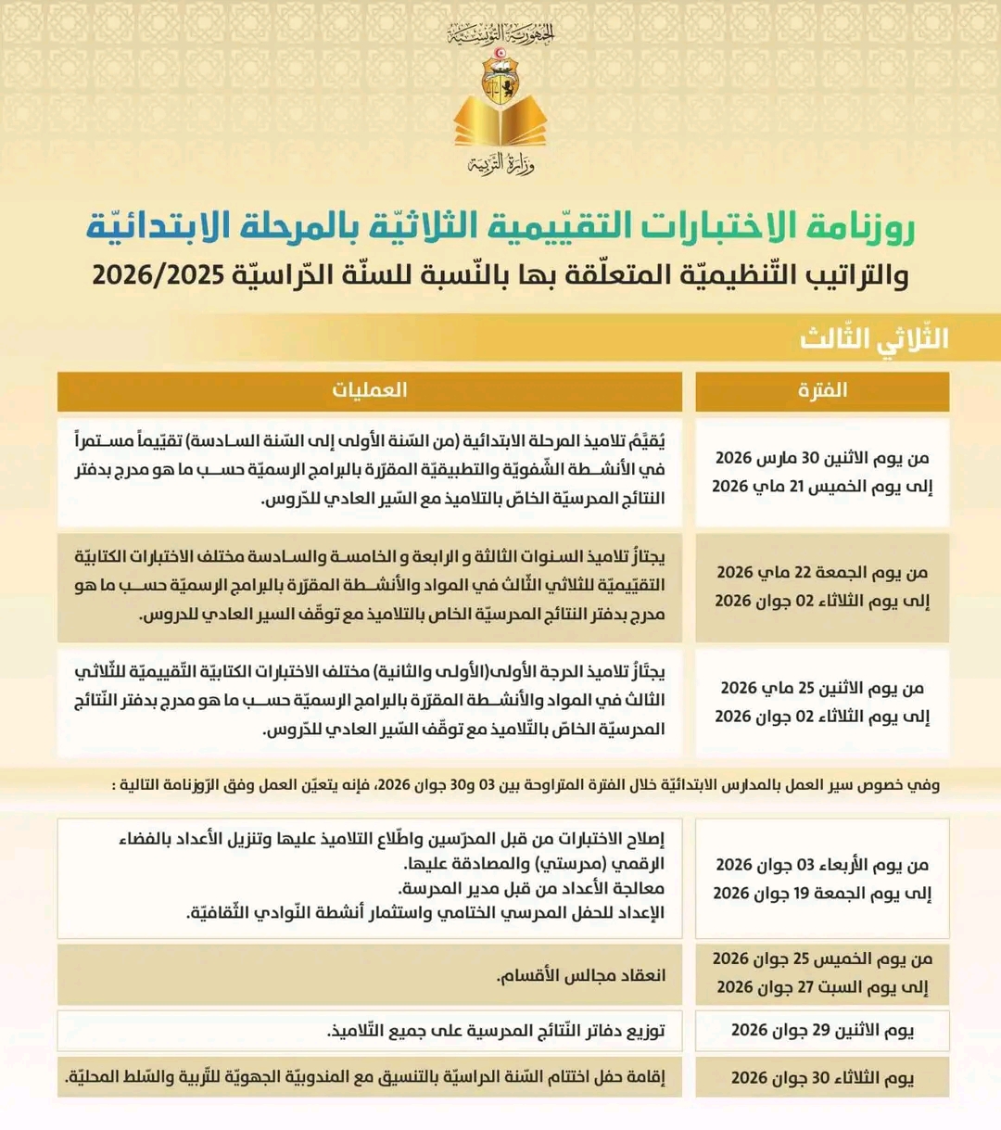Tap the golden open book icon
click(x=500, y=124)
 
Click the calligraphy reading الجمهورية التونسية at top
click(x=500, y=35)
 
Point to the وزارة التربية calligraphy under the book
click(x=500, y=165)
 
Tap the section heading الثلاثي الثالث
click(x=874, y=338)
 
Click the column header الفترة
click(x=822, y=390)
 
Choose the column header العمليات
click(x=369, y=390)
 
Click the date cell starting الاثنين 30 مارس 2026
click(x=822, y=472)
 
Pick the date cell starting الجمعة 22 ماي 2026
click(x=822, y=587)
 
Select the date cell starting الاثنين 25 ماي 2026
click(x=822, y=702)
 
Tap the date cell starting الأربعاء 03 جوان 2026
click(x=822, y=878)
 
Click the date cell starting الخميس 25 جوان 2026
click(x=822, y=973)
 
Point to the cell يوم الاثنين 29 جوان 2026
click(x=822, y=1030)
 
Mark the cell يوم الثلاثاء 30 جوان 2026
click(x=822, y=1077)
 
